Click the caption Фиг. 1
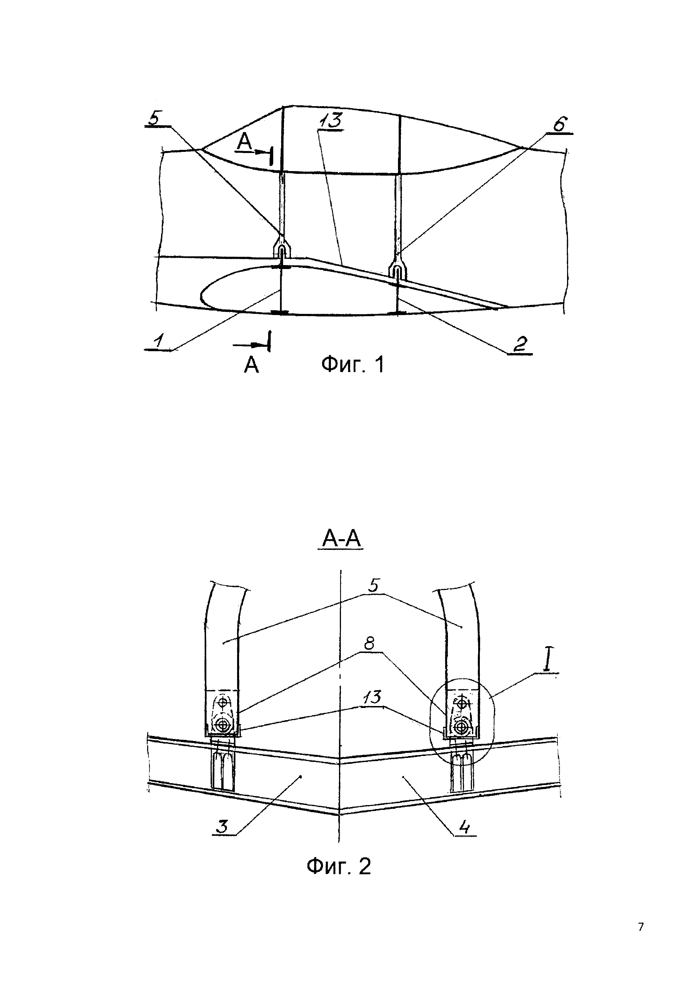(x=352, y=365)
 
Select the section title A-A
(x=341, y=538)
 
